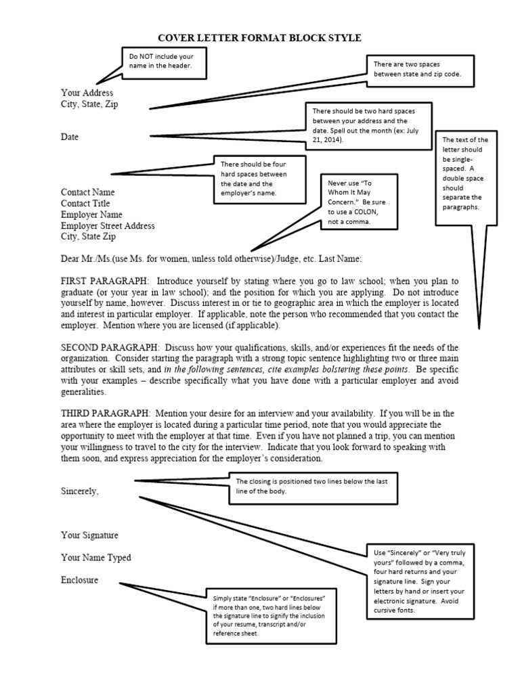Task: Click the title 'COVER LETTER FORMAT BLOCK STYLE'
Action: pyautogui.click(x=261, y=38)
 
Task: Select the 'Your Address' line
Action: pyautogui.click(x=87, y=93)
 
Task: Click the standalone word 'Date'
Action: pyautogui.click(x=70, y=137)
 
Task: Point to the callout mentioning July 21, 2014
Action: pyautogui.click(x=369, y=125)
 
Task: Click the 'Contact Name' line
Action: pyautogui.click(x=88, y=192)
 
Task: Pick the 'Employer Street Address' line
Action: pyautogui.click(x=108, y=226)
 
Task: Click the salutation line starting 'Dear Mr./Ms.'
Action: pyautogui.click(x=211, y=259)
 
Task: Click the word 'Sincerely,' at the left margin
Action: pyautogui.click(x=80, y=491)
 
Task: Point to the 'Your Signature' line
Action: pyautogui.click(x=89, y=535)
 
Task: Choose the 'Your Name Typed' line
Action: pyautogui.click(x=96, y=558)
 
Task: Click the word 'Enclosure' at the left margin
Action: pyautogui.click(x=79, y=580)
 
